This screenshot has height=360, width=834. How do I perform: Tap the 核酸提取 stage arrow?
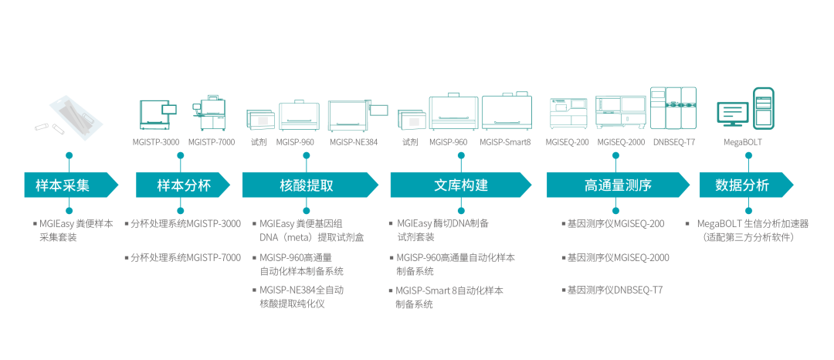click(x=307, y=185)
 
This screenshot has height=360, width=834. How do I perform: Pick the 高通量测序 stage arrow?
click(x=614, y=185)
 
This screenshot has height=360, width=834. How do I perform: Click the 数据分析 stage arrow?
click(x=743, y=185)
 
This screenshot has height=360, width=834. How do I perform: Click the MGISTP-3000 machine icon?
click(x=157, y=114)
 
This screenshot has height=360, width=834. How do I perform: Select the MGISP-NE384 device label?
click(x=354, y=142)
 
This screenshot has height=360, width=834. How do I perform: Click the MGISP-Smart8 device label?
click(x=505, y=142)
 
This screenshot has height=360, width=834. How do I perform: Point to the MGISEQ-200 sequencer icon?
click(x=568, y=114)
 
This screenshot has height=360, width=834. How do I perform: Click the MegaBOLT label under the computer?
click(x=742, y=142)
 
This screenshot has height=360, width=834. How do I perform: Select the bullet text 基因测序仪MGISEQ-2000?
click(x=615, y=257)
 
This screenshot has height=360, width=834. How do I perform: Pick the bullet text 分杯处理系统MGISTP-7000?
click(x=183, y=257)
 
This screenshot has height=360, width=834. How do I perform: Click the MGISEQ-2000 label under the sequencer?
click(x=620, y=142)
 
